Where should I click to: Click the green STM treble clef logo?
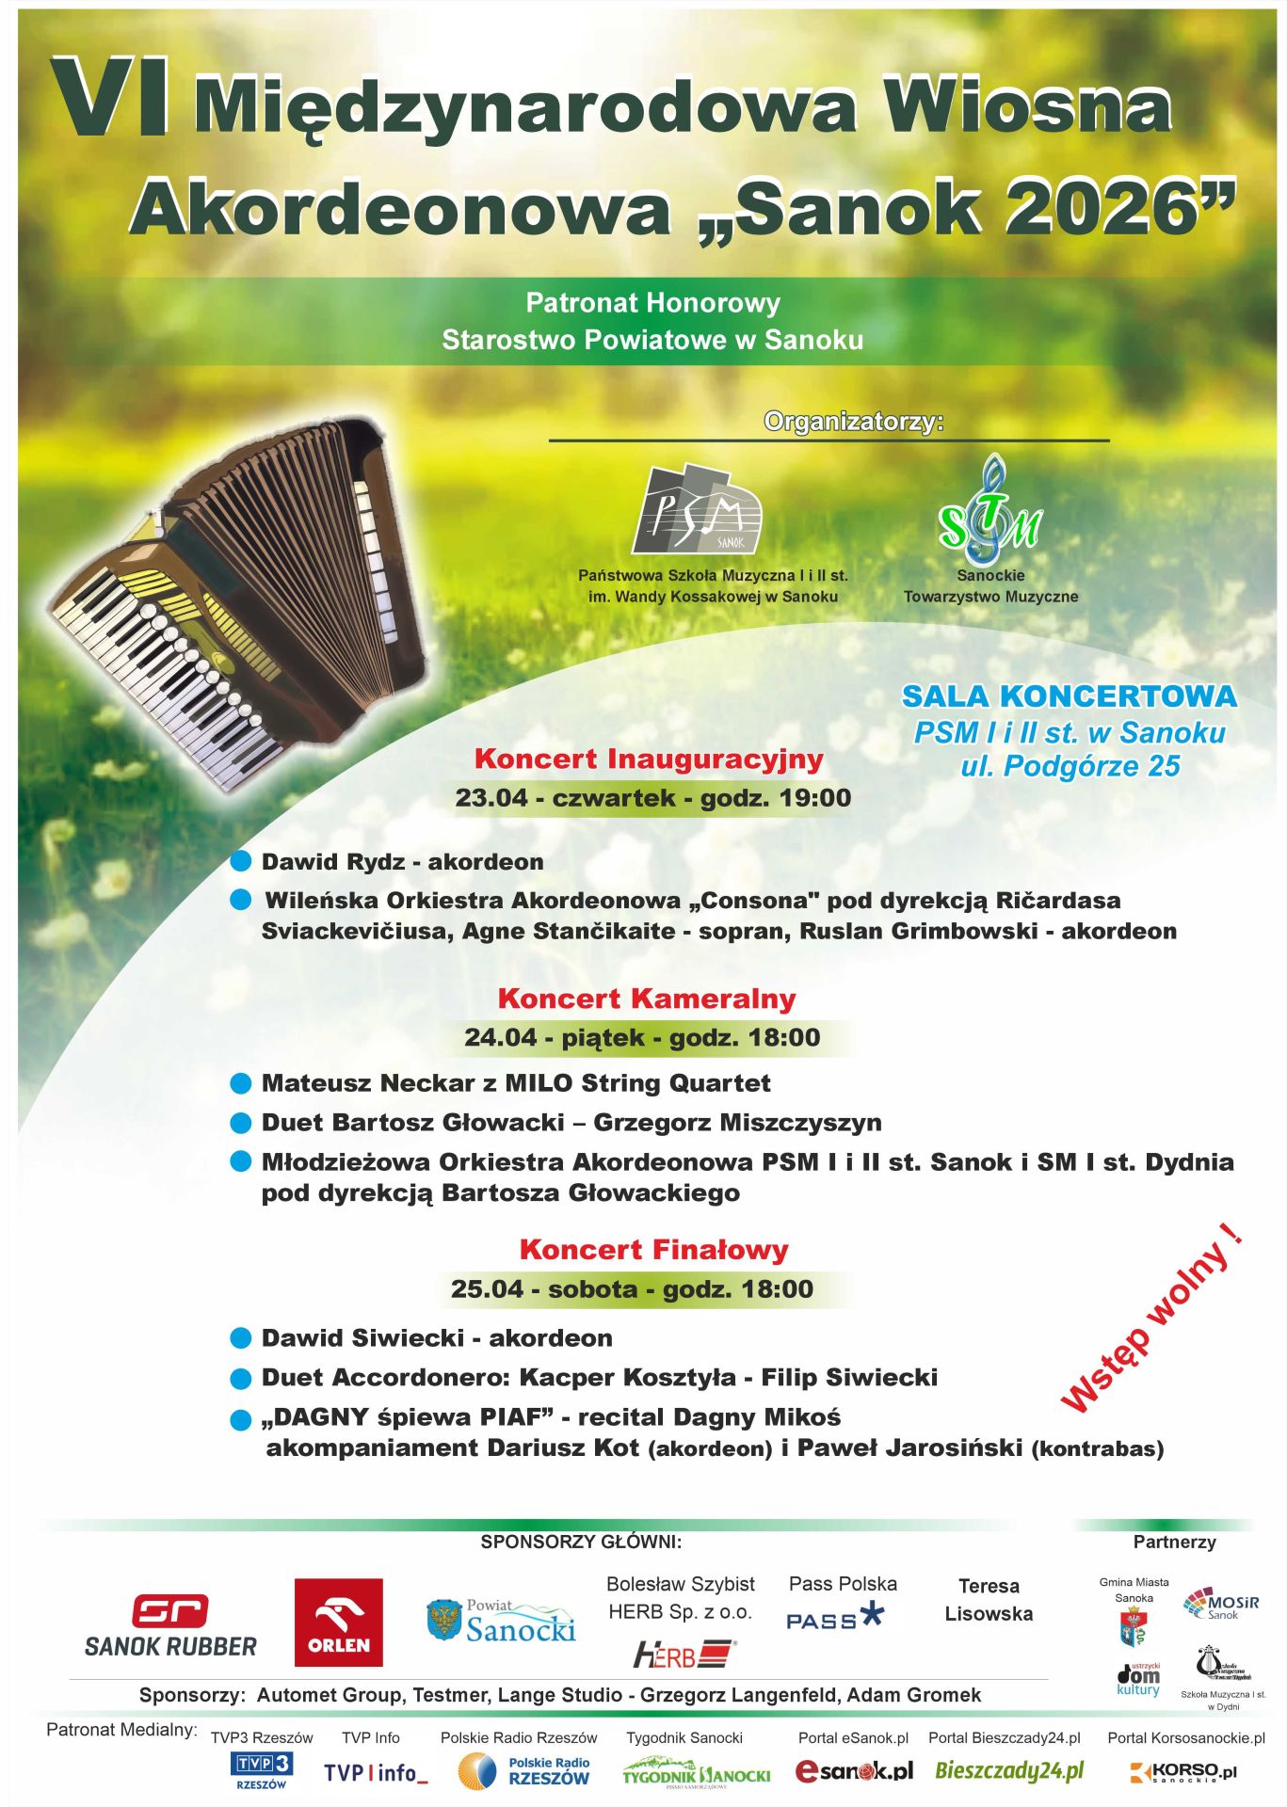[989, 509]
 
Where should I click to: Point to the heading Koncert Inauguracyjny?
[649, 759]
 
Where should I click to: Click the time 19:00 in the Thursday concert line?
[815, 798]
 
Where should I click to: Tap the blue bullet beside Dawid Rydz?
[241, 861]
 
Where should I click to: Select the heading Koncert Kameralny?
[647, 999]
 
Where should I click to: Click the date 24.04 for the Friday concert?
[500, 1038]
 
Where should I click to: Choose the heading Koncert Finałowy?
[653, 1250]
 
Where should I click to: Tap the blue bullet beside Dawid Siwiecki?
[241, 1337]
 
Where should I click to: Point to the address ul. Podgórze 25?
[1070, 767]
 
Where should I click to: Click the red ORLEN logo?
[338, 1623]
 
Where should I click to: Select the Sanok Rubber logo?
[170, 1626]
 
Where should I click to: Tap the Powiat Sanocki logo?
[501, 1622]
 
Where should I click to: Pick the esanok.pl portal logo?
[854, 1771]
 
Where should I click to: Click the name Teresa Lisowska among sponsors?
[989, 1600]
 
